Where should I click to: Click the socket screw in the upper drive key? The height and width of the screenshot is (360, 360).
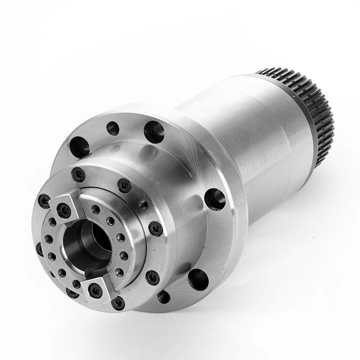point(64,210)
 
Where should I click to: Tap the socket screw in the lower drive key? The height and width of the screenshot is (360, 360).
point(95,290)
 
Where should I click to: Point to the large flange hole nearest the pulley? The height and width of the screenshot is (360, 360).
point(215,198)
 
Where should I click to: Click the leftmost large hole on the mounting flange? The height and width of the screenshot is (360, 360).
point(79,147)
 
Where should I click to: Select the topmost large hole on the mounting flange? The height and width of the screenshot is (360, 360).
point(154,132)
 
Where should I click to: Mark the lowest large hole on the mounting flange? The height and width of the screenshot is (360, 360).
point(198,279)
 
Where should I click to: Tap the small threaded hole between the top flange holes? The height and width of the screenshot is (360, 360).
point(113,128)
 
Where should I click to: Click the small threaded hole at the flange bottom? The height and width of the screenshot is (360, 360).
point(164,297)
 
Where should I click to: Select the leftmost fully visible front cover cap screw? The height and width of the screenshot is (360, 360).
point(44,201)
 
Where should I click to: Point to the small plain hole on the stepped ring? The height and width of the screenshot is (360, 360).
point(143,205)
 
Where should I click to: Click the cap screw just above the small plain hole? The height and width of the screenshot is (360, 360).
point(125,185)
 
